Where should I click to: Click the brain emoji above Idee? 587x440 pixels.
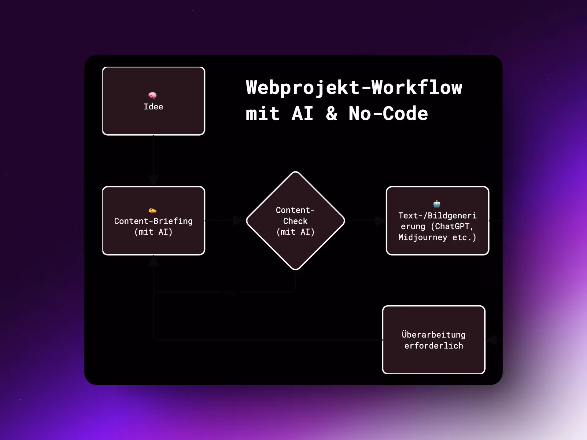point(152,95)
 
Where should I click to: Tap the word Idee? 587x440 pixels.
point(153,107)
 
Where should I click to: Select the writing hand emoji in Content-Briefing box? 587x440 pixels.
point(152,210)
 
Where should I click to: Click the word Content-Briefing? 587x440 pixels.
point(153,221)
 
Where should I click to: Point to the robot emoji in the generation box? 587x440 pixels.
point(437,204)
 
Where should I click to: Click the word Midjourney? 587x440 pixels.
point(423,237)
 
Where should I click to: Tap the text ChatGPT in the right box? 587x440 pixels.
point(452,226)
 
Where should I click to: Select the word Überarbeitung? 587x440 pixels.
point(434,335)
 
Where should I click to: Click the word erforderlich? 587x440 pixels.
point(434,346)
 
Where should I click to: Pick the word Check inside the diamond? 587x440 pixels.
point(295,221)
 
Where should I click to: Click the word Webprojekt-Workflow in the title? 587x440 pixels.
point(354,88)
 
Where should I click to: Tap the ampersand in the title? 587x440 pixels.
point(331,114)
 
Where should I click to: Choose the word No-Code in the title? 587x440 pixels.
point(388,114)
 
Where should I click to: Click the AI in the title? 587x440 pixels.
point(303,114)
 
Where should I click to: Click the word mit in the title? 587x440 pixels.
point(263,114)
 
